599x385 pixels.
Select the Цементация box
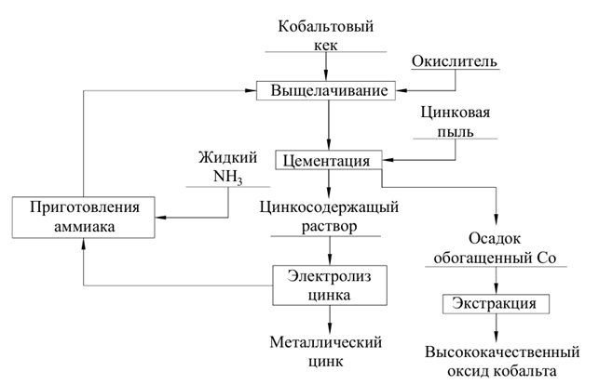(327, 160)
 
